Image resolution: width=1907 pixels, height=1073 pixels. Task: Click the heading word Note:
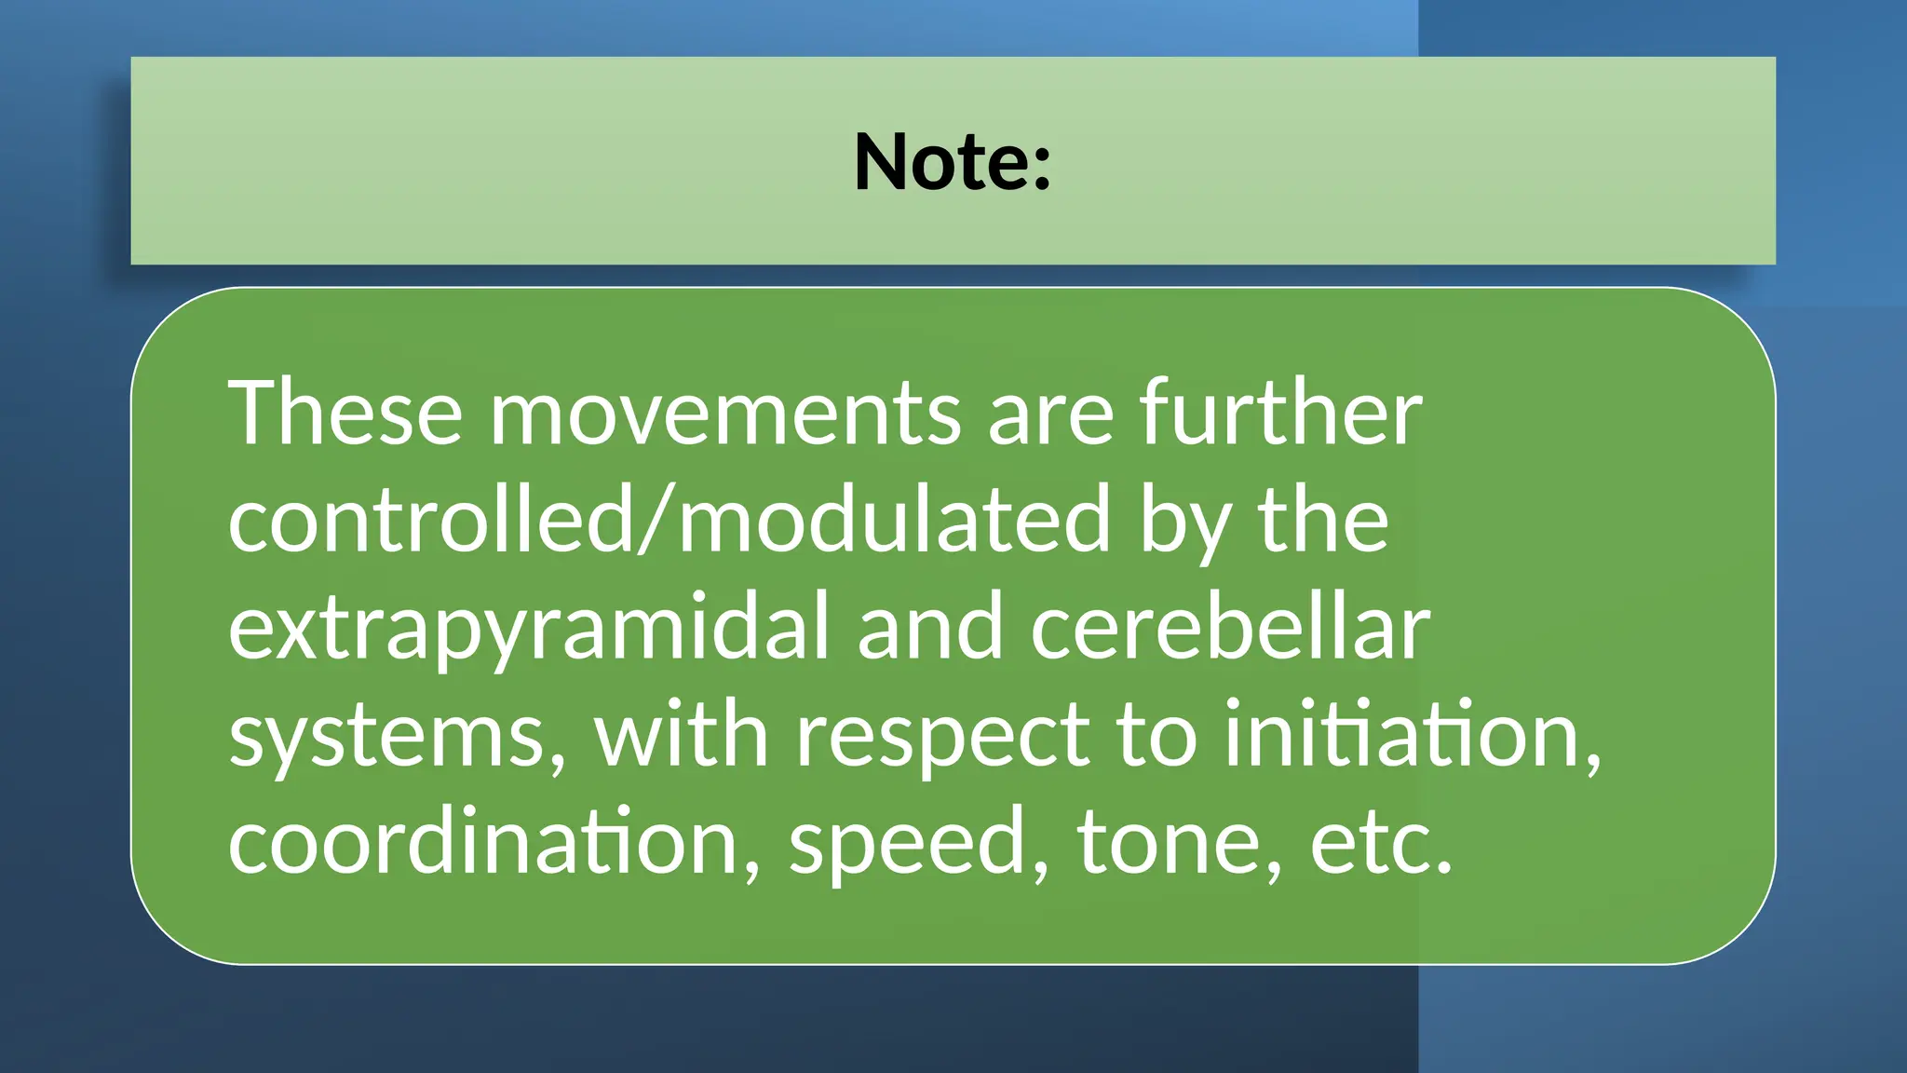pos(953,162)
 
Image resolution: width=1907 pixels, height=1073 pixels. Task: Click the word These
pos(345,413)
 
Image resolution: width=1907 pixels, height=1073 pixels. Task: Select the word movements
pos(724,413)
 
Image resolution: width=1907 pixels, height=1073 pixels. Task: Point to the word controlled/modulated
pos(669,520)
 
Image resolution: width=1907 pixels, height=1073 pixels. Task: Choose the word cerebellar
pos(1229,627)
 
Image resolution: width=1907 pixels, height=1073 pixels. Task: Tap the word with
pos(682,734)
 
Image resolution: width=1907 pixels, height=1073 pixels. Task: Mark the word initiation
pos(1413,734)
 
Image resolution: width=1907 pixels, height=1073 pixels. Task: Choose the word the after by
pos(1323,520)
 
